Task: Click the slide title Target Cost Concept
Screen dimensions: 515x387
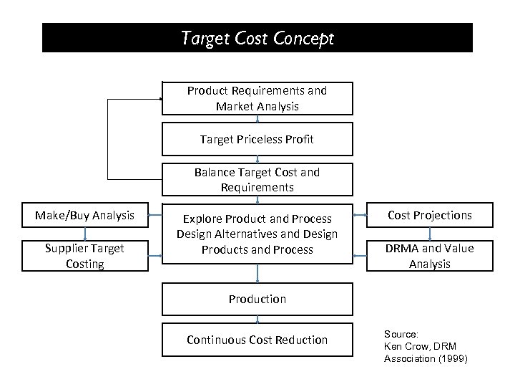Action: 257,38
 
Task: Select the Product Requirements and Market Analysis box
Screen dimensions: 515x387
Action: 257,99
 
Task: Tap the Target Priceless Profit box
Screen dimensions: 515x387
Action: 257,140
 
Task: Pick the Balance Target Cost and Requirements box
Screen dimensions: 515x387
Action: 257,180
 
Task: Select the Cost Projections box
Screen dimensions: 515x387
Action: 430,216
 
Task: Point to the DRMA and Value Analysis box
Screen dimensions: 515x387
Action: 430,256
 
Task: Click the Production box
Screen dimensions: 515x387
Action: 257,299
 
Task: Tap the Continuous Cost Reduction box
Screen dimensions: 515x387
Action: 257,340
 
